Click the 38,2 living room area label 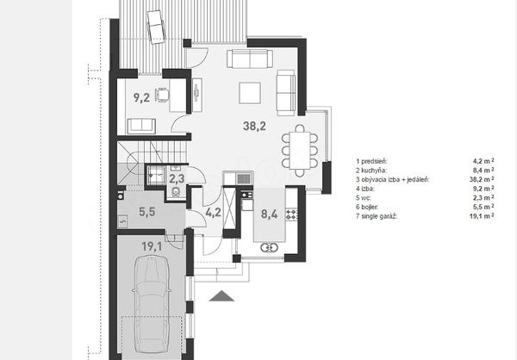coord(254,126)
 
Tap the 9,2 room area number coord(141,97)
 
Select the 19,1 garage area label coord(152,246)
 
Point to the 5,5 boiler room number coord(147,212)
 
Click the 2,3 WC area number coord(177,179)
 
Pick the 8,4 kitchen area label coord(270,214)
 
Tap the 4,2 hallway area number coord(214,213)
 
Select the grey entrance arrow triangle coord(221,296)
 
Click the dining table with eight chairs coord(300,151)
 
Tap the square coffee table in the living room coord(250,93)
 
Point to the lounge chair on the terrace coord(156,27)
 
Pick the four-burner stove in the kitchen coord(292,214)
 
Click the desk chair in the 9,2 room coord(163,95)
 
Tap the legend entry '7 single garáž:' coord(377,216)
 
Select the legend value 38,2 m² coord(482,179)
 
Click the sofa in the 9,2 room coord(141,126)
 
